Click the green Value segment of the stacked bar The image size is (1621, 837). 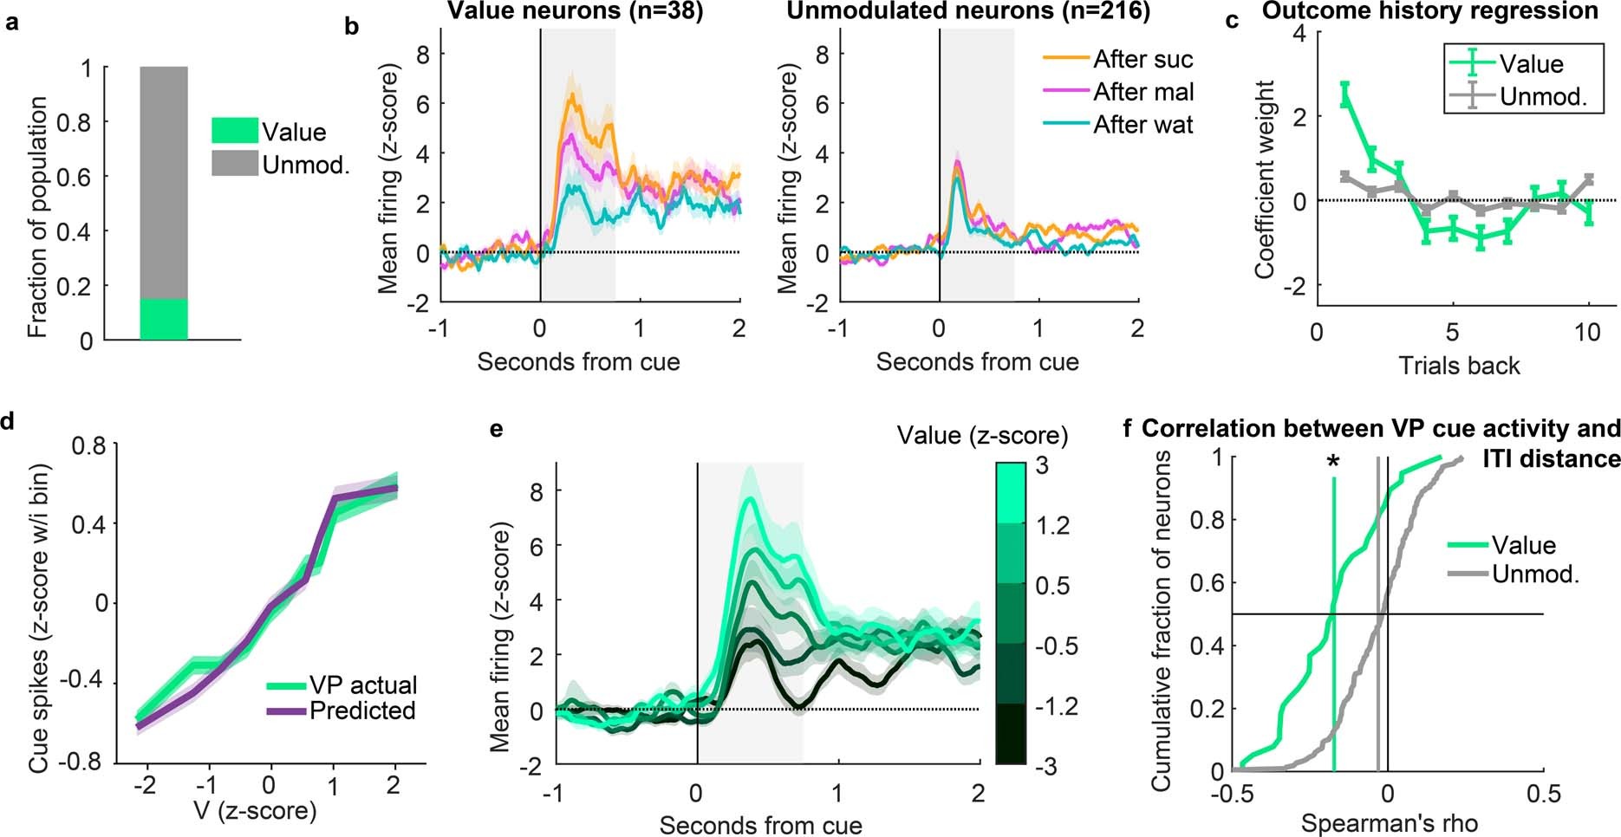pos(164,319)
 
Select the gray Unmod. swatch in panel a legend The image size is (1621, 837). pos(234,164)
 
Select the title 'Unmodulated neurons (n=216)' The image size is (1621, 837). pos(967,10)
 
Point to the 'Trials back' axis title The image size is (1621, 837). pos(1459,366)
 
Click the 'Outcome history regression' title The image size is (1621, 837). pos(1430,10)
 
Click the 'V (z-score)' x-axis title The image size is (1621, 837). pos(268,811)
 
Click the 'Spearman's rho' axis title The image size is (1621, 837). pos(1389,823)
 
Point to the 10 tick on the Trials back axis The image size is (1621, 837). pos(1587,333)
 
